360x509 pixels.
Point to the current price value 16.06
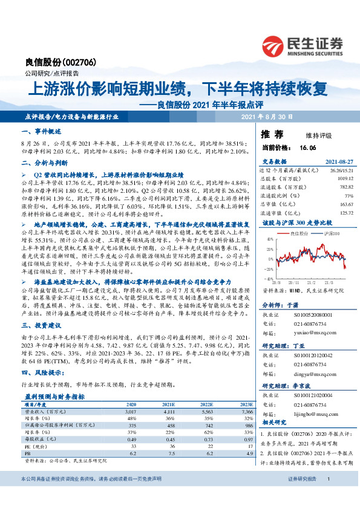pos(308,147)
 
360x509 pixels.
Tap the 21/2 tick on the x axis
pos(307,282)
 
